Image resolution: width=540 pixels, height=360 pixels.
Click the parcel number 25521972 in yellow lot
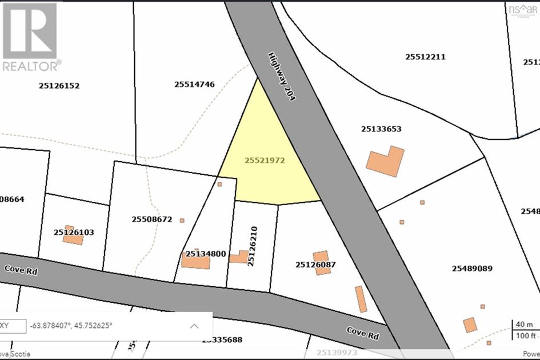(265, 161)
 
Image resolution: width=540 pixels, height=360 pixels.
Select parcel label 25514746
(194, 84)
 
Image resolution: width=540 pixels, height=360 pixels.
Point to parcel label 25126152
(59, 86)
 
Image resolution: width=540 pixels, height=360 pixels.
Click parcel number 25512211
(425, 57)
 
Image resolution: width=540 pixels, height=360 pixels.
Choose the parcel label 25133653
(381, 129)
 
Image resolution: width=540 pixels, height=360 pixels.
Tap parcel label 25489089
(472, 268)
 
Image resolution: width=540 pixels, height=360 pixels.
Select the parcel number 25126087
(315, 265)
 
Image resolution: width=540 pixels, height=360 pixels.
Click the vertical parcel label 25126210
(253, 246)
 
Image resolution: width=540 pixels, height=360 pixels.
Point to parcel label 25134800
(206, 254)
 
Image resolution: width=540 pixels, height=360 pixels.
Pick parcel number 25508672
(152, 219)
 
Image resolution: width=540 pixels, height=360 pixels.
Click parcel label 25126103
(74, 233)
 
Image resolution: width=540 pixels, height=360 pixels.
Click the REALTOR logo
(29, 36)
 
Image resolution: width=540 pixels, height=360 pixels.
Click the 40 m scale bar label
(524, 325)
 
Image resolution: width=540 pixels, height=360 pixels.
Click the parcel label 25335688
(222, 340)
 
